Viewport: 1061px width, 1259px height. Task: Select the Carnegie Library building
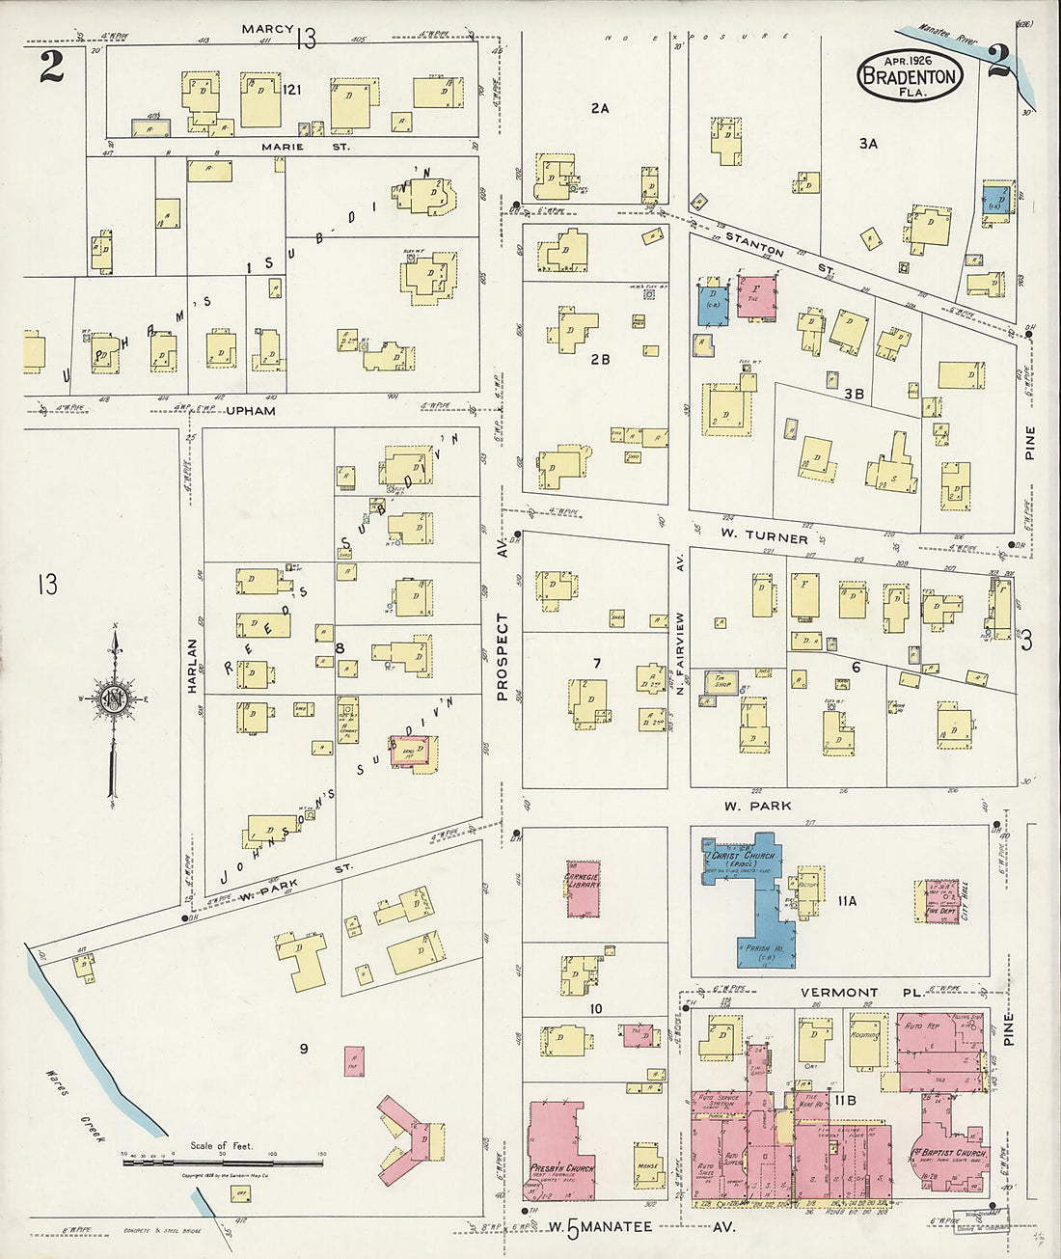pyautogui.click(x=584, y=886)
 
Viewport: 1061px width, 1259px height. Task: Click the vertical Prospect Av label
pyautogui.click(x=502, y=656)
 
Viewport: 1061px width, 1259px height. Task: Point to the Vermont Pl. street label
pyautogui.click(x=838, y=992)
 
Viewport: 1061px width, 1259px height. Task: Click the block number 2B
pyautogui.click(x=600, y=360)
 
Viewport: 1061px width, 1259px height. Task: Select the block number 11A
pyautogui.click(x=847, y=901)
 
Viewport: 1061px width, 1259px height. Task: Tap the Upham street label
pyautogui.click(x=251, y=410)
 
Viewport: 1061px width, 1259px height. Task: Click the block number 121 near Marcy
pyautogui.click(x=293, y=90)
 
